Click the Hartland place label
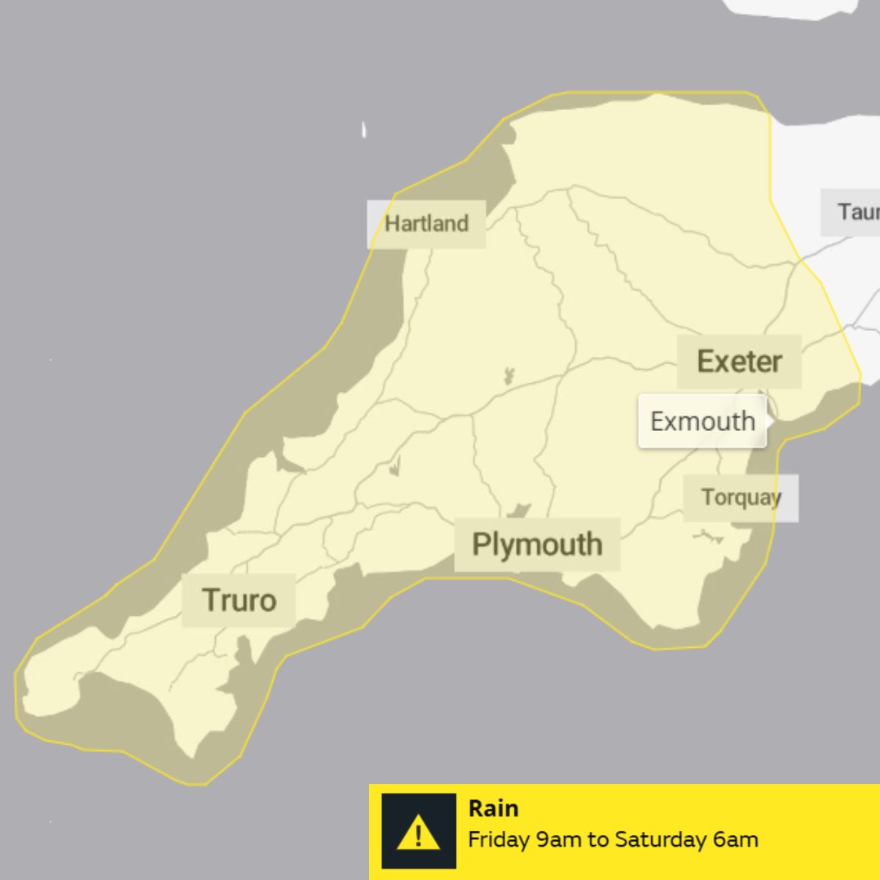tap(426, 224)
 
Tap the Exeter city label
tap(739, 361)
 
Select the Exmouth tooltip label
tap(702, 421)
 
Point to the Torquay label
tap(741, 497)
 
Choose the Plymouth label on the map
tap(537, 544)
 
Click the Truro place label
tap(239, 600)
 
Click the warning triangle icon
tap(418, 832)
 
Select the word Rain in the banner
tap(493, 808)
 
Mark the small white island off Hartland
tap(364, 130)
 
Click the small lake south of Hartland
tap(508, 376)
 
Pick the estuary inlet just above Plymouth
tap(517, 511)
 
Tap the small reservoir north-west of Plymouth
tap(395, 466)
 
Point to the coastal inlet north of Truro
tap(290, 463)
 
